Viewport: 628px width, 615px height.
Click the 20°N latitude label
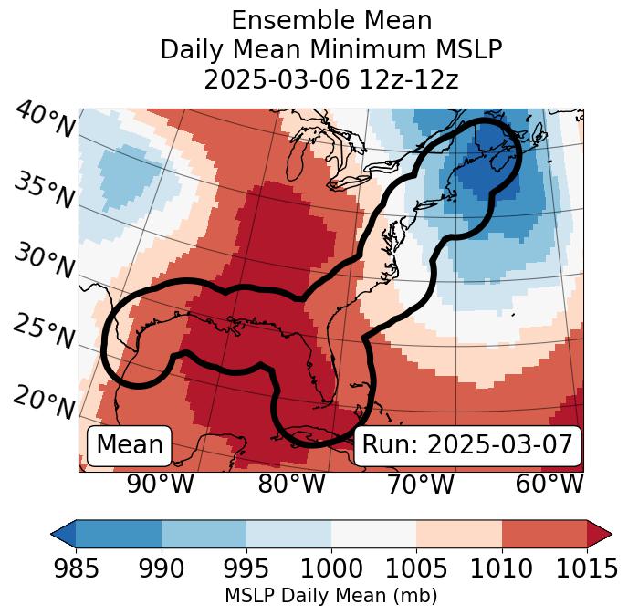(44, 401)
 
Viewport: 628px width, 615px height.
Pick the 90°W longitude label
(160, 484)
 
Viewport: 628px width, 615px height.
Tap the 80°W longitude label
(291, 484)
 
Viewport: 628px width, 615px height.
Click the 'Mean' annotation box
(130, 445)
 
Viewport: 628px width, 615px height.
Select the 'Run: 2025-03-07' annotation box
(467, 445)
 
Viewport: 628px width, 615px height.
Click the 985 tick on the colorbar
(76, 568)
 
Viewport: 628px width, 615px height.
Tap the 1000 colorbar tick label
(331, 568)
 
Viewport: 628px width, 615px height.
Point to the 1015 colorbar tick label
(586, 568)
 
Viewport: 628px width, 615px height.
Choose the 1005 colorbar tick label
(416, 568)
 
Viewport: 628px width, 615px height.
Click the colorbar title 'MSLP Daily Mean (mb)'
(330, 596)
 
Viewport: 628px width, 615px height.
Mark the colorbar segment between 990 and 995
(204, 534)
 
